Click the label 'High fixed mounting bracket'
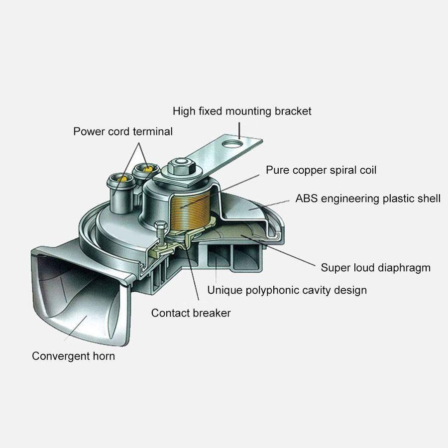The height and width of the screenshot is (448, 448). pos(242,111)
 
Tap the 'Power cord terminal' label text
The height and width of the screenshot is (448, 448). pos(123,132)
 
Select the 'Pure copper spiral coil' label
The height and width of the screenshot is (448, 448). pos(321,170)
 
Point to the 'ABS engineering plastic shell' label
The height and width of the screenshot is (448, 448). pos(368,199)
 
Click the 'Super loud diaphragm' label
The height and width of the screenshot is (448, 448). pos(375,268)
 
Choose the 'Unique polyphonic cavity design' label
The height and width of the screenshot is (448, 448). pos(287,290)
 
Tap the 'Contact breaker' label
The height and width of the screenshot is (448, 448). pos(191,313)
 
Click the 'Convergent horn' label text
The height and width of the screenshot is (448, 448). pos(73,356)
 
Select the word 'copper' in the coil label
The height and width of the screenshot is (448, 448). pos(305,170)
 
